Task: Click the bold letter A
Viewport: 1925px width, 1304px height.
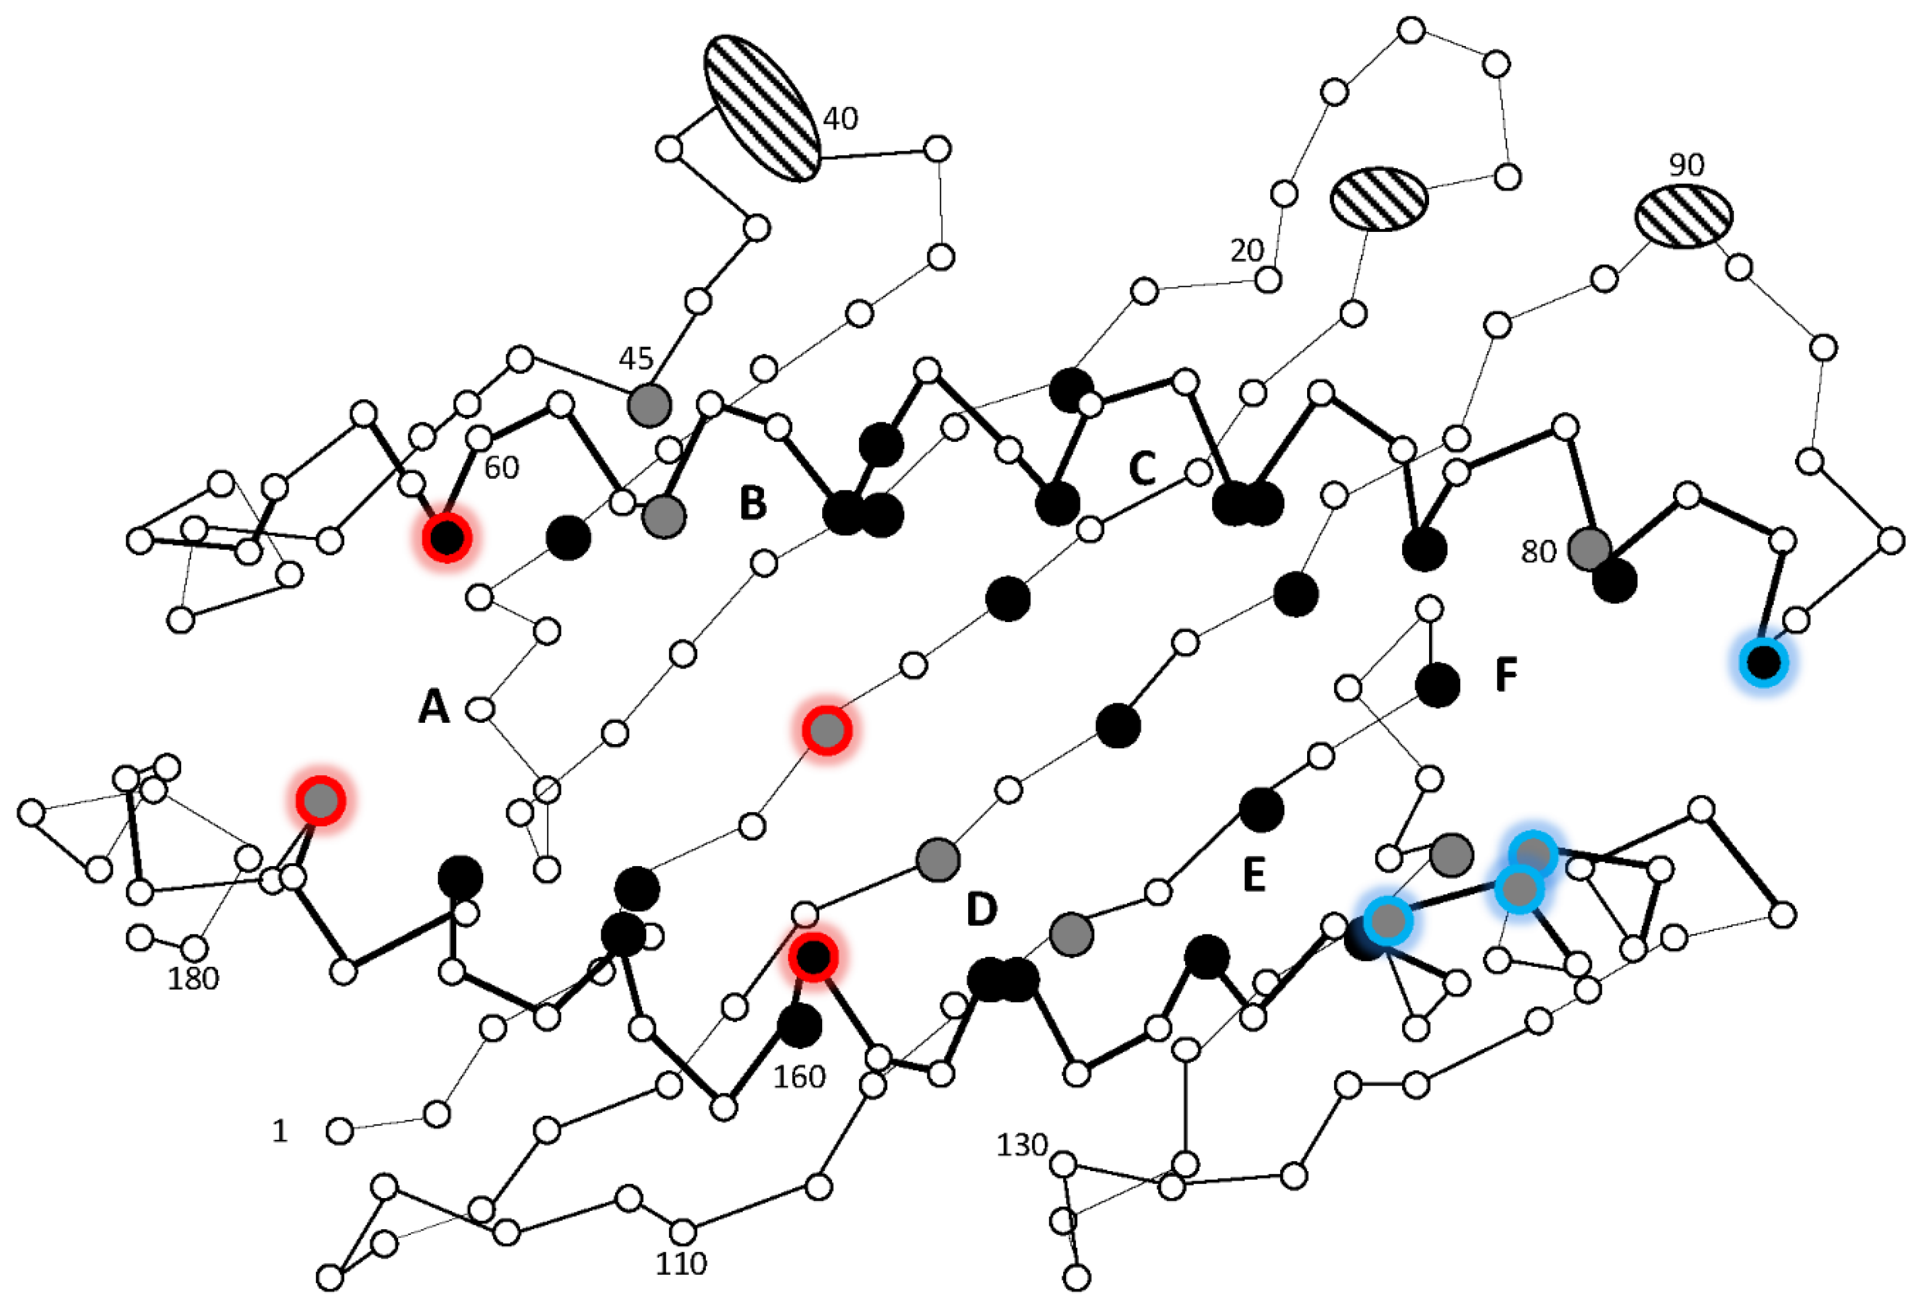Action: point(434,707)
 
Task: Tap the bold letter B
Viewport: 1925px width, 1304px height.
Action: point(752,502)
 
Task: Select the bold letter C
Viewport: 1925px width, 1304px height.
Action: point(1142,469)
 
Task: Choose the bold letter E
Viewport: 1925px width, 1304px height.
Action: point(1254,875)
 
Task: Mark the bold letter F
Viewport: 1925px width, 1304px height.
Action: point(1506,675)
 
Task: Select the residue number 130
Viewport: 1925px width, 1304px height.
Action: point(1021,1145)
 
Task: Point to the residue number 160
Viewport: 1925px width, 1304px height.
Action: point(799,1077)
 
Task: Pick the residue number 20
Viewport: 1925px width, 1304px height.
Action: point(1247,250)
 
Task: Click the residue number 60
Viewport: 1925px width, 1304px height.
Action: point(501,468)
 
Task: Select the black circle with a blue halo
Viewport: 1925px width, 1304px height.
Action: point(1763,662)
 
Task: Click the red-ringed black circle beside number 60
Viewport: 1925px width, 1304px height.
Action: point(446,537)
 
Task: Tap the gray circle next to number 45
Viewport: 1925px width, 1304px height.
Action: point(648,405)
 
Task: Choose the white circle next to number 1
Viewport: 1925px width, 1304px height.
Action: point(339,1130)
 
